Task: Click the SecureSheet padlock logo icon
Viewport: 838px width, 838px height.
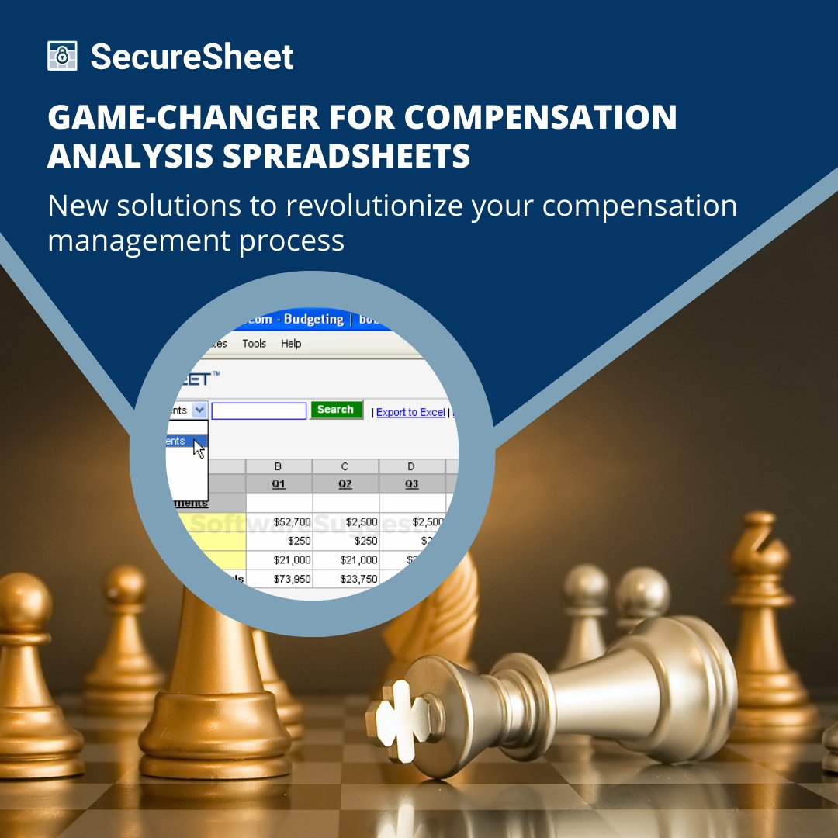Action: pyautogui.click(x=62, y=57)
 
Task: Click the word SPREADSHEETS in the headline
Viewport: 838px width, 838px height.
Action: pyautogui.click(x=347, y=155)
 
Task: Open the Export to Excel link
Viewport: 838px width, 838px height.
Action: pyautogui.click(x=410, y=412)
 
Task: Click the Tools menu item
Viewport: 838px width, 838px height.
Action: pyautogui.click(x=254, y=343)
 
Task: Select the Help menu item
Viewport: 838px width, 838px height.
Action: pyautogui.click(x=291, y=343)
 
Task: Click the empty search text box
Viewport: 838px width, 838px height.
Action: pyautogui.click(x=258, y=410)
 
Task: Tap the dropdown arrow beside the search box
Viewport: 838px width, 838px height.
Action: pyautogui.click(x=199, y=410)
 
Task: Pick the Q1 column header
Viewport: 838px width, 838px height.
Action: pyautogui.click(x=279, y=483)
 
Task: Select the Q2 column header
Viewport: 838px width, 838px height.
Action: pyautogui.click(x=345, y=483)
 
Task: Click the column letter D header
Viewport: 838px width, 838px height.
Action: pyautogui.click(x=411, y=466)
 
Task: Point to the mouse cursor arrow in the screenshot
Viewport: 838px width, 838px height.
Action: pyautogui.click(x=199, y=448)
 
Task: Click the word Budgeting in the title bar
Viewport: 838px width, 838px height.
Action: pyautogui.click(x=313, y=320)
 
